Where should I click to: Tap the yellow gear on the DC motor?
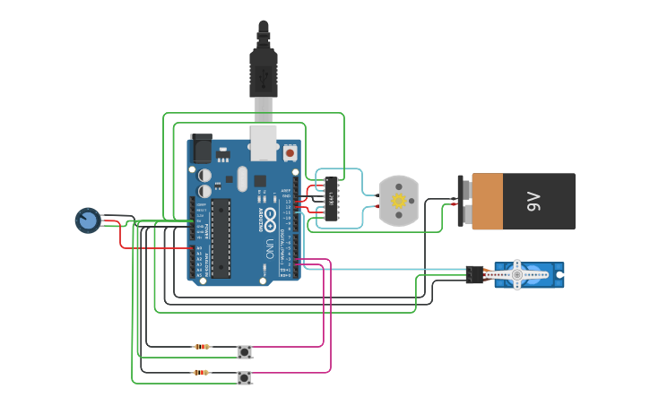[398, 201]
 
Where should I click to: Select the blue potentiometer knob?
[88, 220]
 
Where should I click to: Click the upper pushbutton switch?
[245, 351]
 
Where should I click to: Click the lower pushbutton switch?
[244, 377]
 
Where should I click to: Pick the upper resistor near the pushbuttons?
[202, 347]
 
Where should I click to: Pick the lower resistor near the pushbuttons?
[201, 372]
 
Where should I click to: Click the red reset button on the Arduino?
[290, 154]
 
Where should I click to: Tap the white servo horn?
[516, 274]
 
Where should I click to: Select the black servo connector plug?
[474, 274]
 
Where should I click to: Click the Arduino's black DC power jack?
[201, 149]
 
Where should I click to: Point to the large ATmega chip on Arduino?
[221, 238]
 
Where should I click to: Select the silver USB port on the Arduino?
[263, 143]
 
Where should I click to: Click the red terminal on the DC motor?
[378, 207]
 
